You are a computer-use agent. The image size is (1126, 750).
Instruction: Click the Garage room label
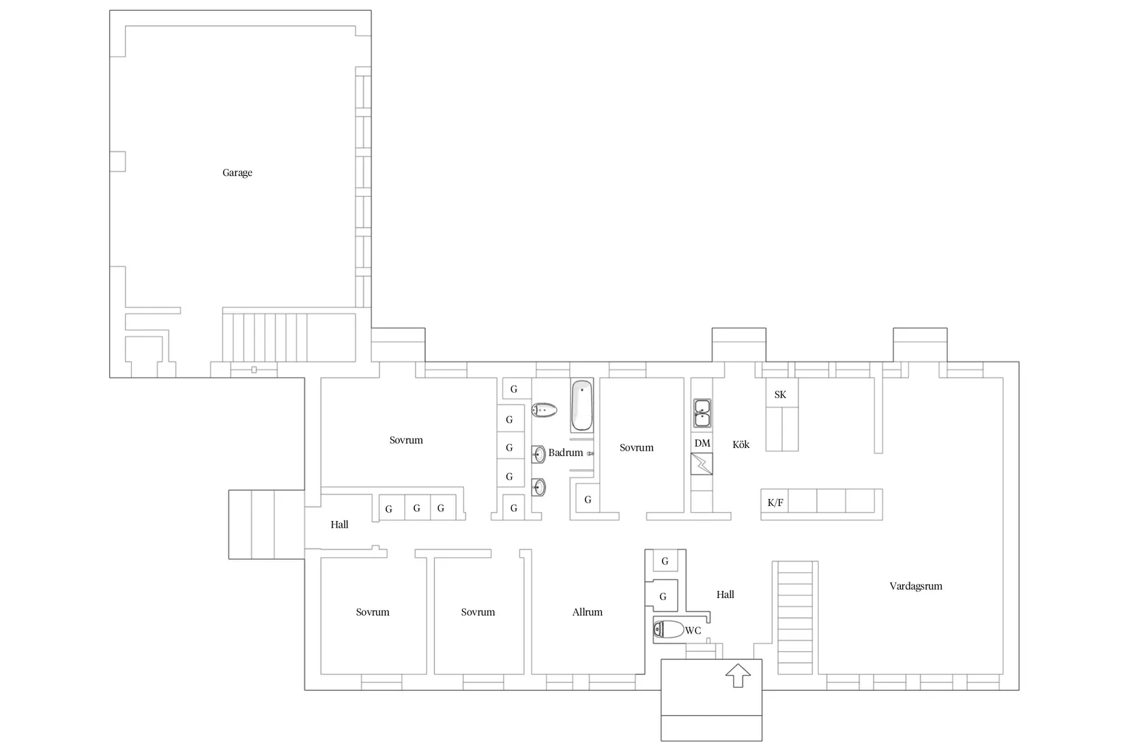pos(237,172)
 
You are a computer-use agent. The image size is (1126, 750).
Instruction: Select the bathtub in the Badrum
pos(581,406)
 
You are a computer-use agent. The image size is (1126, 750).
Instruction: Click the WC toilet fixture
pos(669,629)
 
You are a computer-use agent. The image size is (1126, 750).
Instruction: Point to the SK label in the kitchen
pos(780,395)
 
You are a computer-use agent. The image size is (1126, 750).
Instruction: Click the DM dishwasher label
pos(702,443)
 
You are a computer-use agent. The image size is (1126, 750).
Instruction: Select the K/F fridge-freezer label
pos(775,503)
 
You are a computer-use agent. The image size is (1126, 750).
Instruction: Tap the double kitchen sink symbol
pos(702,413)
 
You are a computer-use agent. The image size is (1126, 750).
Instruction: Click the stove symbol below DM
pos(702,464)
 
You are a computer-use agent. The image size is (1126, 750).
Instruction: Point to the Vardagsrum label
pos(916,586)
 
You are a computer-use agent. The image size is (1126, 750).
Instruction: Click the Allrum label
pos(587,612)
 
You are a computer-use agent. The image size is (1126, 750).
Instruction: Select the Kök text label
pos(740,445)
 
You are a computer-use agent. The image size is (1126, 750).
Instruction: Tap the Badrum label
pos(566,453)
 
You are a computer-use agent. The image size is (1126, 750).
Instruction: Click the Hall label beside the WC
pos(725,595)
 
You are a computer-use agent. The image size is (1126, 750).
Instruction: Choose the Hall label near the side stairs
pos(339,524)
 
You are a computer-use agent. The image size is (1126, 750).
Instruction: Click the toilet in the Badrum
pos(545,410)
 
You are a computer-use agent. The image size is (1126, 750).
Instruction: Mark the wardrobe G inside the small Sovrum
pos(588,500)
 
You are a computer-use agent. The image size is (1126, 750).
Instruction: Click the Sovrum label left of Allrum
pos(478,612)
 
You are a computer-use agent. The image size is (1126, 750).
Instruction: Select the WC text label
pos(693,631)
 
